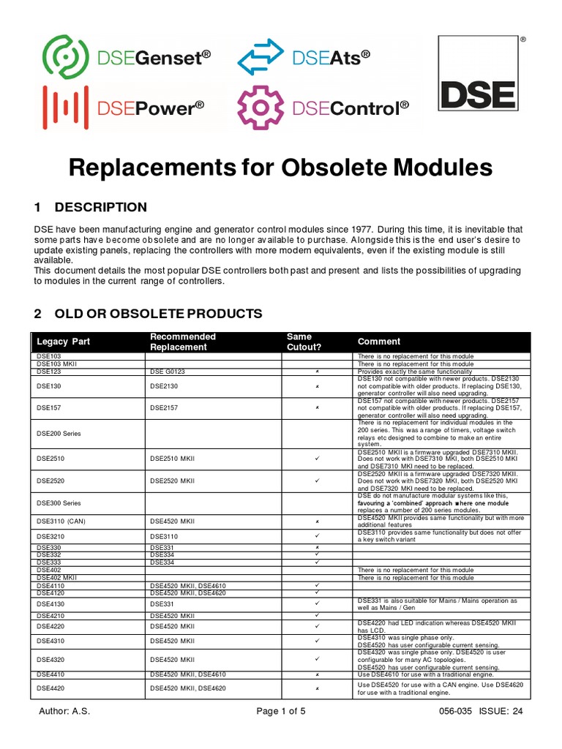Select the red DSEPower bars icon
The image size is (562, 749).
point(66,108)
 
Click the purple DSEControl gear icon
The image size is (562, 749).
point(261,108)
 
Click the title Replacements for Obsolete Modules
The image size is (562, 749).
point(280,168)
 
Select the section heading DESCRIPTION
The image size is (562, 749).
point(100,207)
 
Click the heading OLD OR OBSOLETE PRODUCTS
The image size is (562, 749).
point(158,314)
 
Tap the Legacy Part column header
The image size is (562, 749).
point(64,342)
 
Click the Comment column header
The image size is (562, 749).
point(378,342)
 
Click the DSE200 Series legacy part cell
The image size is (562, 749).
point(59,433)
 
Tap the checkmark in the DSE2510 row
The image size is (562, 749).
point(317,459)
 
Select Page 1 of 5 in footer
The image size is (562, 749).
point(280,712)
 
